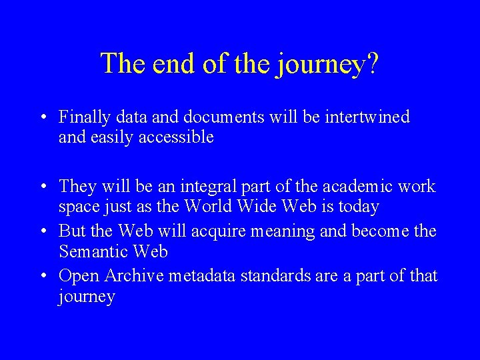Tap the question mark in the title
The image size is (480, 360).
(373, 63)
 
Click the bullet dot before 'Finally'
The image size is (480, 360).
(42, 118)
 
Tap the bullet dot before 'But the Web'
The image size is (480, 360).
(42, 231)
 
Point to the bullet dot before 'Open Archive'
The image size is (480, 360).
(42, 275)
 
